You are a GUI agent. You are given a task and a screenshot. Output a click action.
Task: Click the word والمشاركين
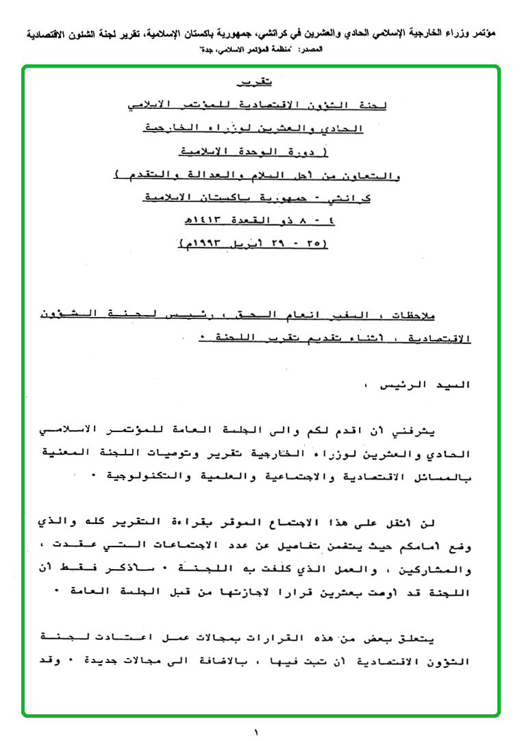point(440,570)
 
